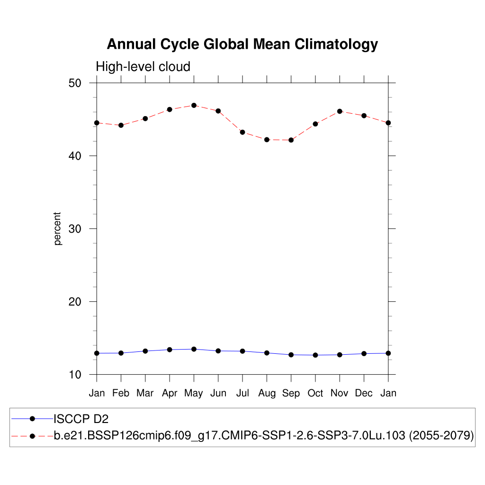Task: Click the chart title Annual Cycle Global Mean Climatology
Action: click(242, 44)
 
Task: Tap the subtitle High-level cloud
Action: click(143, 67)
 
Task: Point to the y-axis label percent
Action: click(58, 229)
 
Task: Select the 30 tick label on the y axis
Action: click(75, 229)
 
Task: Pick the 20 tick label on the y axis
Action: click(75, 302)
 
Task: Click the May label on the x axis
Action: click(194, 393)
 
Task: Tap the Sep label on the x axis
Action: click(291, 393)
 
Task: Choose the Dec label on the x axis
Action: click(364, 393)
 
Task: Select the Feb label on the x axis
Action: click(121, 393)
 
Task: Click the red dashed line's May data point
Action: click(194, 105)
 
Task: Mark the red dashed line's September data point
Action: click(291, 140)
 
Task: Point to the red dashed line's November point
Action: click(340, 111)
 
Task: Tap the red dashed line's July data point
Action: click(242, 132)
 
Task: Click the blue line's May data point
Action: click(194, 349)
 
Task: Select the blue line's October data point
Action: click(315, 355)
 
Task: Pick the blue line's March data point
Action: click(145, 351)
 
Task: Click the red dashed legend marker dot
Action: click(32, 435)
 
